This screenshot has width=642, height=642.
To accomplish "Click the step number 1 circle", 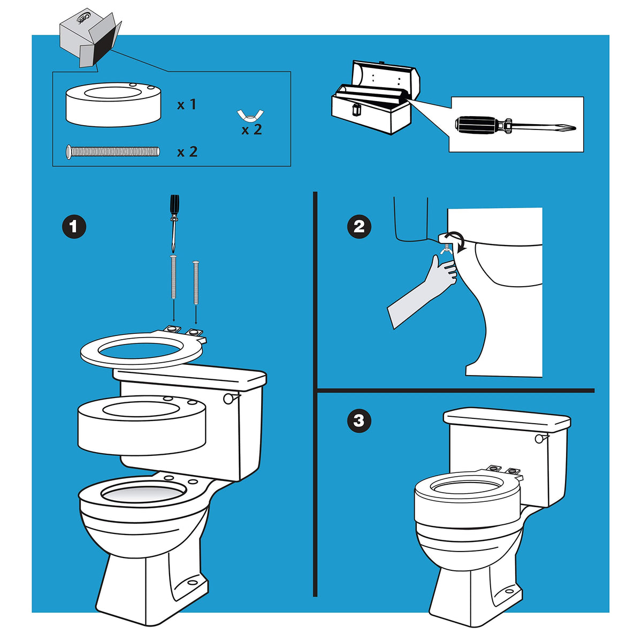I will pos(74,227).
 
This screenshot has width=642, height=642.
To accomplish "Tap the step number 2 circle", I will pos(359,226).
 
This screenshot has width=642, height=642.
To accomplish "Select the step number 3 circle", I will pos(359,421).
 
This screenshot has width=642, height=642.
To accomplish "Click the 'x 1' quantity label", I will pos(187,105).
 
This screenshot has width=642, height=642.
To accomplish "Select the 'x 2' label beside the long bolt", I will pos(187,152).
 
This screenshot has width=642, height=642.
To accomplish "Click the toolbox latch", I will pos(354,110).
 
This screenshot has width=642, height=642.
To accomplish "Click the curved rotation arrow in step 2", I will pos(456,241).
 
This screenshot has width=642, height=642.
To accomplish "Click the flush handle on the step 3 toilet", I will pos(539,438).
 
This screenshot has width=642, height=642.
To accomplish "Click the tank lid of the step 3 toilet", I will pos(507,418).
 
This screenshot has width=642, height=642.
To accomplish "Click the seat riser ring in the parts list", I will pos(112,104).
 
